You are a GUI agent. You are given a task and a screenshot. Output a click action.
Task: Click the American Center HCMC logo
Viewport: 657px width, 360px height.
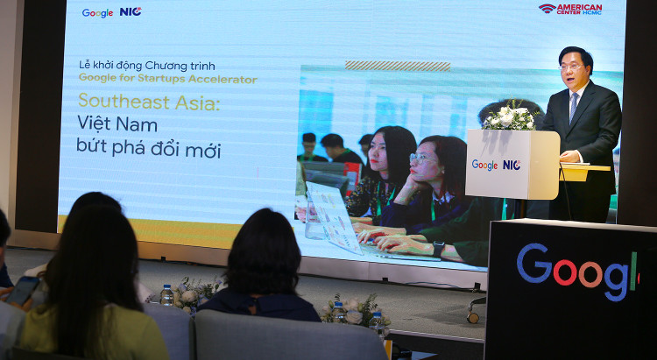570,9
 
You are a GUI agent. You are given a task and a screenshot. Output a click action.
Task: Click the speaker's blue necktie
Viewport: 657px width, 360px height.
574,104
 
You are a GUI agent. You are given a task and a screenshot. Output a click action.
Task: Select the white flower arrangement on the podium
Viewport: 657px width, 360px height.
510,116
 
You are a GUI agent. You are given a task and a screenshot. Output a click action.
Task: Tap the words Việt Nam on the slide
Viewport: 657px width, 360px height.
117,125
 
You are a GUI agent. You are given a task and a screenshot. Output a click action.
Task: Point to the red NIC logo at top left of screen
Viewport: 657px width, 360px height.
131,11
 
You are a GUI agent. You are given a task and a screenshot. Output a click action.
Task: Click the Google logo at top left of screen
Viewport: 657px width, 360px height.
97,12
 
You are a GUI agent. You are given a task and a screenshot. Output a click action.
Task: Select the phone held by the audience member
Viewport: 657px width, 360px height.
23,289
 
